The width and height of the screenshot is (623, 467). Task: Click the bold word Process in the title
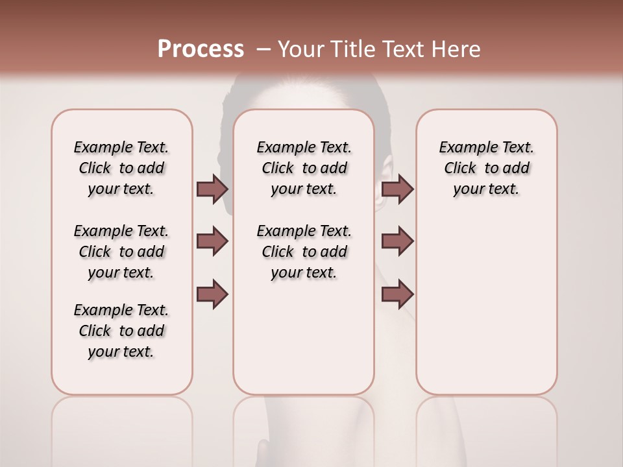pos(201,49)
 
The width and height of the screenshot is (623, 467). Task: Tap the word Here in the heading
pos(456,49)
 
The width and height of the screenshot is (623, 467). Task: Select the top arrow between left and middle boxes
pos(212,189)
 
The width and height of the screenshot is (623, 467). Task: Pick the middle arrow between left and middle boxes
pos(212,241)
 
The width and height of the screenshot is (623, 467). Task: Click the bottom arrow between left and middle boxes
pos(212,294)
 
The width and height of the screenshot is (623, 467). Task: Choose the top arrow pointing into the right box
pos(397,189)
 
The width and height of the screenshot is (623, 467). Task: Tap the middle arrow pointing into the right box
pos(397,241)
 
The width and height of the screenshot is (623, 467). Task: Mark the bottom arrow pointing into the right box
pos(397,294)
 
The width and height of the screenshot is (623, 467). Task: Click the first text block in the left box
pos(121,168)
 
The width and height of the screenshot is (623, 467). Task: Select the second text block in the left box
pos(121,252)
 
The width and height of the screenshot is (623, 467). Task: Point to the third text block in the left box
pos(121,331)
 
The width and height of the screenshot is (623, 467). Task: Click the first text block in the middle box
pos(304,168)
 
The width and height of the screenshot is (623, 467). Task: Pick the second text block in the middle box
pos(304,252)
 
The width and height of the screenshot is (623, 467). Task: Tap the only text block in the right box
pos(486,168)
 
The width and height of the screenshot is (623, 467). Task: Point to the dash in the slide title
pos(263,49)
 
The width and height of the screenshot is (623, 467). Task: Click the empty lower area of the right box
pos(486,305)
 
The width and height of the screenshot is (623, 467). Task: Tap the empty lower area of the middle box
pos(304,337)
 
